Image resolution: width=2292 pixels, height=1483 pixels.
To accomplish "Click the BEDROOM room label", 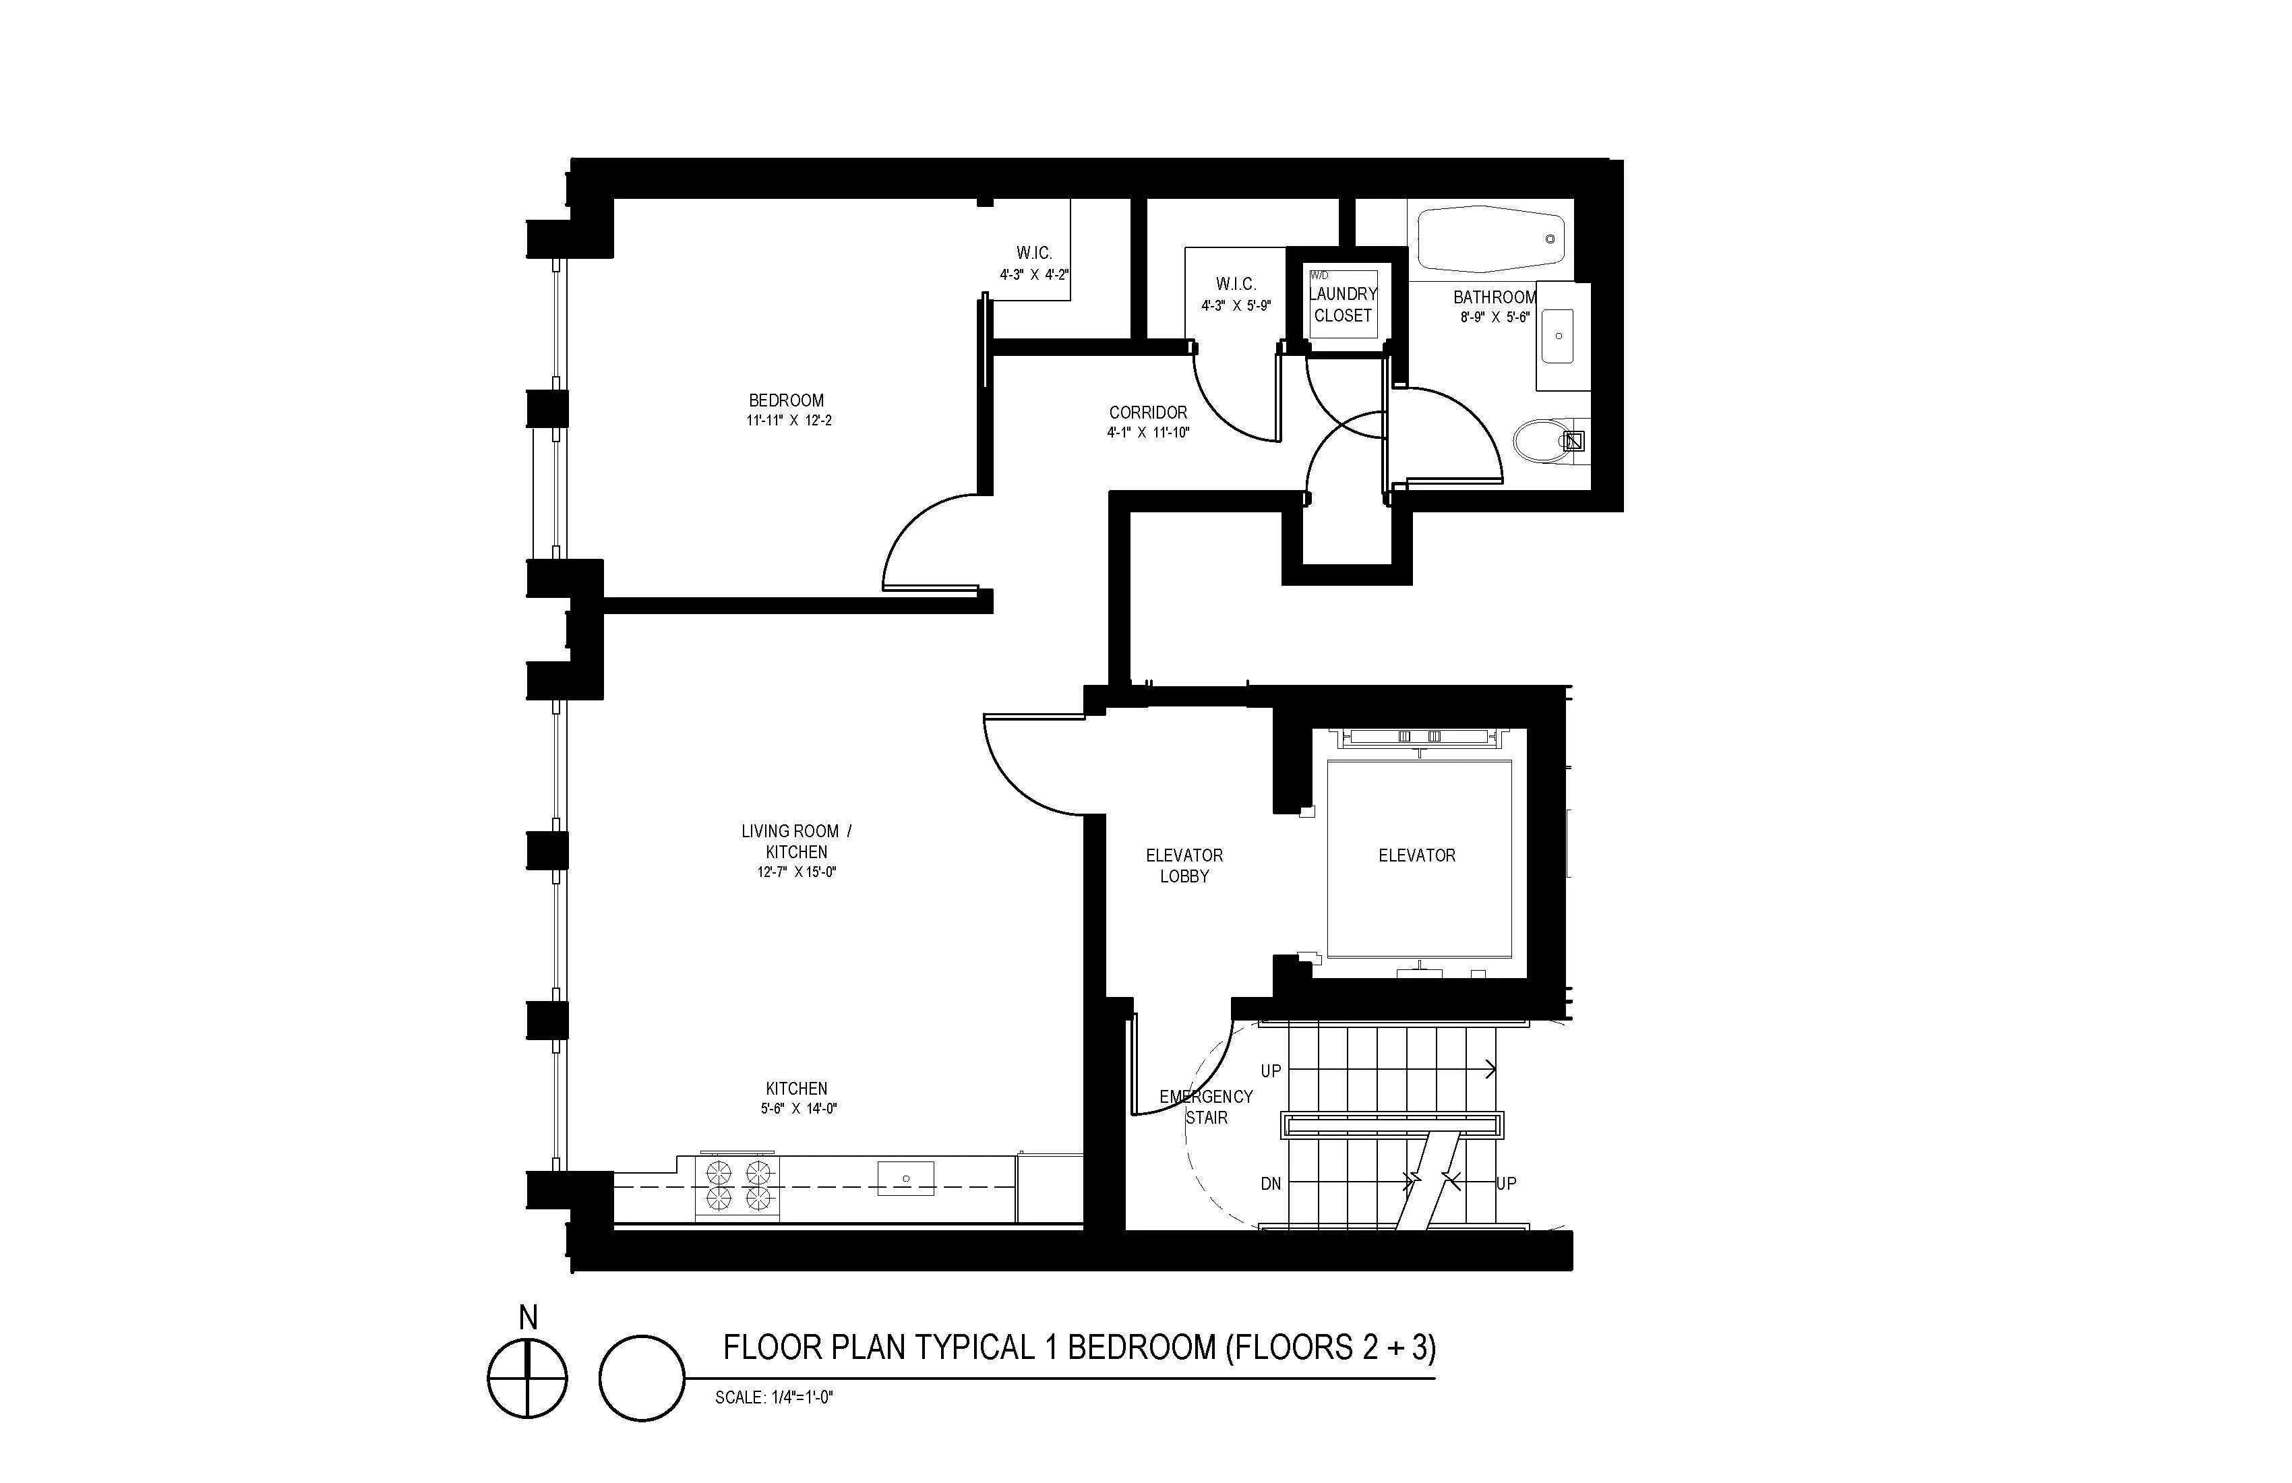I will [x=786, y=400].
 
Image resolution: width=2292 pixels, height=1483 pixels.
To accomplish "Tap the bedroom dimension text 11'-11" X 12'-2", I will [x=788, y=421].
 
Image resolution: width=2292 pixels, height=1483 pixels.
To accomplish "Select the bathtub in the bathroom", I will [x=1490, y=238].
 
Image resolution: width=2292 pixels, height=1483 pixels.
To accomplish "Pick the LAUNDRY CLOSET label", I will [x=1342, y=304].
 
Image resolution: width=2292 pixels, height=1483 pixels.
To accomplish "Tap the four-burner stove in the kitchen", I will [x=737, y=1186].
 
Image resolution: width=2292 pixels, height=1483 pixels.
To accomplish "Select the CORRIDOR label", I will [x=1148, y=412].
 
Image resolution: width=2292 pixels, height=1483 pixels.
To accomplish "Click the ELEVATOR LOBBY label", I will [x=1184, y=865].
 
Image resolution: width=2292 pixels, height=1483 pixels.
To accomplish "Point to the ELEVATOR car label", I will [x=1416, y=855].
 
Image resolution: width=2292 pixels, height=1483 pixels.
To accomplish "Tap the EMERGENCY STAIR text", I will [x=1206, y=1106].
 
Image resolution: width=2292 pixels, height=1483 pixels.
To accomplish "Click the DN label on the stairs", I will [x=1270, y=1184].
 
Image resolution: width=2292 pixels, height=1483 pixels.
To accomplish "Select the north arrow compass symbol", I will [x=526, y=1377].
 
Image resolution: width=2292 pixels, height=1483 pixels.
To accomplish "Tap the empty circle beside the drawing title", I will [x=641, y=1378].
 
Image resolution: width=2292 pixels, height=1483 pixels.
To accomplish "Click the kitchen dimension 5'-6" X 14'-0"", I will [x=797, y=1108].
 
